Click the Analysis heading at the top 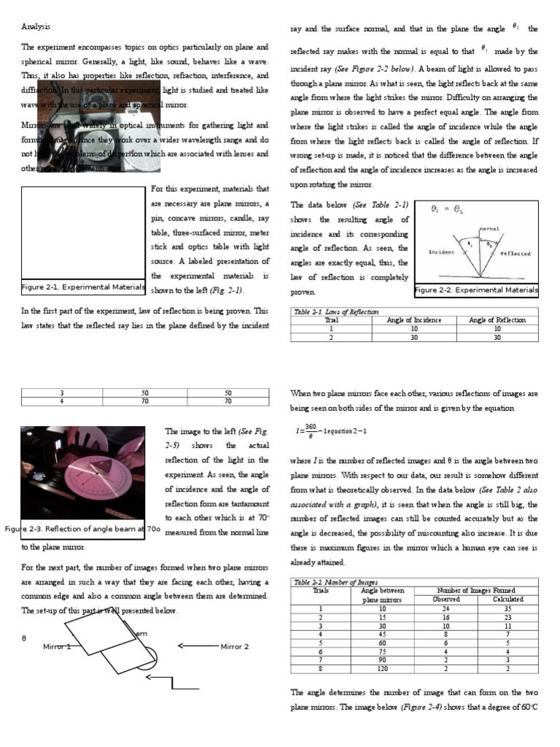pyautogui.click(x=36, y=27)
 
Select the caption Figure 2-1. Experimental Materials pyautogui.click(x=82, y=287)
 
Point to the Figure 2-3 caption pyautogui.click(x=82, y=529)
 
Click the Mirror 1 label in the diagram pyautogui.click(x=57, y=646)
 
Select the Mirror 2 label pyautogui.click(x=235, y=646)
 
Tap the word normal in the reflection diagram pyautogui.click(x=489, y=229)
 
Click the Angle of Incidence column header pyautogui.click(x=414, y=320)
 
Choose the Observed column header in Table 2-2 pyautogui.click(x=446, y=599)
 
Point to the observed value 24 pyautogui.click(x=446, y=608)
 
